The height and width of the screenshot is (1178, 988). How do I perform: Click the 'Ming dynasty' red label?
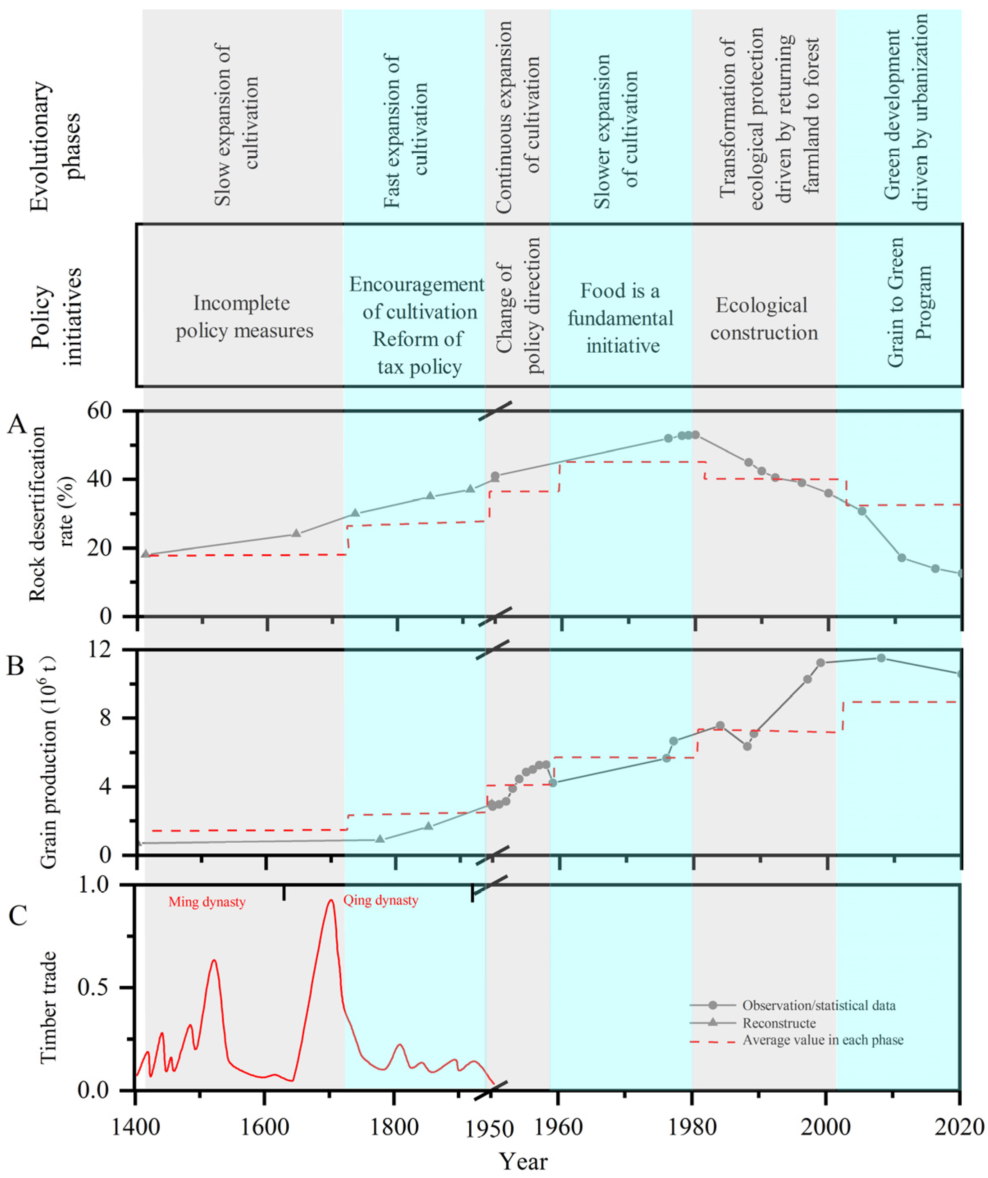(207, 902)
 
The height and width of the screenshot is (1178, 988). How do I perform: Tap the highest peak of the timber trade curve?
(331, 901)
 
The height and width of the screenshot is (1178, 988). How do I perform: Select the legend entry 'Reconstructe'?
(779, 1023)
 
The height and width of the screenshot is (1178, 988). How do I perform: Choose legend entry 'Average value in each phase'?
(822, 1040)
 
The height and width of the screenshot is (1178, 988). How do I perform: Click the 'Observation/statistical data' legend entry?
(819, 1005)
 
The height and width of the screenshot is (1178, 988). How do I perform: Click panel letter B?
(16, 666)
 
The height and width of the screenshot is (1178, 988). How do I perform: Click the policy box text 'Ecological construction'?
(763, 319)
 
